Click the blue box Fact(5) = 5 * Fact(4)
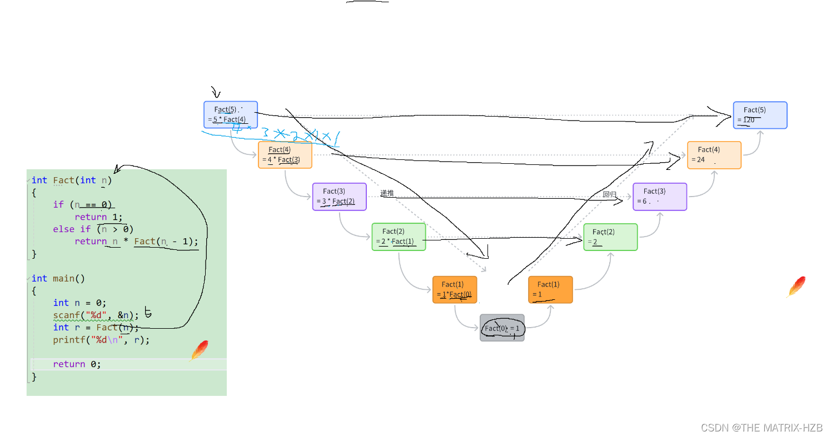[x=231, y=114]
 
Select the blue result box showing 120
[x=760, y=115]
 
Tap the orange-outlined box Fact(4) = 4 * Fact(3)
[x=285, y=155]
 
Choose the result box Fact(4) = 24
[x=714, y=155]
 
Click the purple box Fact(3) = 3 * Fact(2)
[x=339, y=197]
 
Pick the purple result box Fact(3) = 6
[x=660, y=197]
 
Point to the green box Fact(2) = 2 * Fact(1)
[x=399, y=237]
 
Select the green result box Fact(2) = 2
[x=610, y=237]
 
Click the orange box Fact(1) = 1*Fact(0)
[x=455, y=289]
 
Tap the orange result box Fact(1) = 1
[x=550, y=289]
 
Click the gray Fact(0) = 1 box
[x=502, y=328]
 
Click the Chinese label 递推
[x=387, y=193]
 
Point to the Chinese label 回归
[x=609, y=194]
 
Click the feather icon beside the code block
[x=199, y=351]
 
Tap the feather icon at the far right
[x=797, y=287]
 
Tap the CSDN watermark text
[x=761, y=427]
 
